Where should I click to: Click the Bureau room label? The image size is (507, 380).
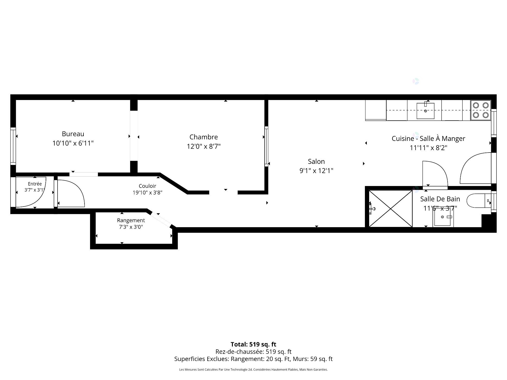pyautogui.click(x=73, y=134)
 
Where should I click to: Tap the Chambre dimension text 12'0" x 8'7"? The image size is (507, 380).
pyautogui.click(x=204, y=146)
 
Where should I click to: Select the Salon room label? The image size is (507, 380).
pyautogui.click(x=316, y=161)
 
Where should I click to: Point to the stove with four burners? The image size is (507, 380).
pyautogui.click(x=481, y=110)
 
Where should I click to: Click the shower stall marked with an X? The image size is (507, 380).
pyautogui.click(x=391, y=208)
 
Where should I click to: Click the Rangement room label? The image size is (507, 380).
pyautogui.click(x=131, y=220)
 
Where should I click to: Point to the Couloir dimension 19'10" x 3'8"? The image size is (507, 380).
pyautogui.click(x=147, y=193)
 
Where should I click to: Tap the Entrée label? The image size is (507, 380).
pyautogui.click(x=35, y=184)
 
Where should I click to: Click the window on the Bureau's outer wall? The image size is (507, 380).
pyautogui.click(x=13, y=146)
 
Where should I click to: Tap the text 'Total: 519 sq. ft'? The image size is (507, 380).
pyautogui.click(x=253, y=344)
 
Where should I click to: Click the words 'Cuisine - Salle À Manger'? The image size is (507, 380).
pyautogui.click(x=428, y=139)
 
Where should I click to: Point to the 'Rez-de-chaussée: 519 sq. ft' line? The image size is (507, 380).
pyautogui.click(x=253, y=351)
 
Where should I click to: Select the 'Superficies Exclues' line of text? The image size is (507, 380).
pyautogui.click(x=253, y=359)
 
